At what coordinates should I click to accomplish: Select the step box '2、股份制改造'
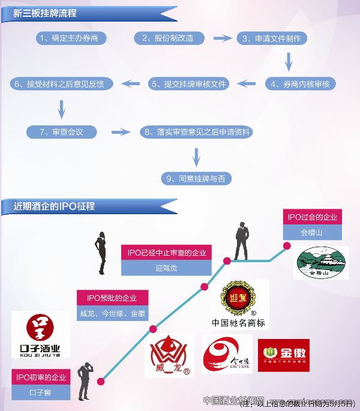point(168,38)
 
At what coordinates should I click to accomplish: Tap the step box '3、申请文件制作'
point(271,38)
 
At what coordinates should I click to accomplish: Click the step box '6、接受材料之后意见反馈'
point(63,84)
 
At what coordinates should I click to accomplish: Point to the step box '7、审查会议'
point(61,131)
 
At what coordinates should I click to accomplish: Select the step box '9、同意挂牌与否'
point(196,178)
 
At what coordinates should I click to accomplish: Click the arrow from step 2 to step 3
point(223,38)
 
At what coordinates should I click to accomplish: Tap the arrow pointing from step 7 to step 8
point(121,131)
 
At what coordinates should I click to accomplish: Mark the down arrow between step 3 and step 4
point(289,61)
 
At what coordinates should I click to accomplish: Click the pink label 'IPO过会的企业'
point(312,217)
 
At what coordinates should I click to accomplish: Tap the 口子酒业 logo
point(40,335)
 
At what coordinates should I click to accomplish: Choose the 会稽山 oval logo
point(320,263)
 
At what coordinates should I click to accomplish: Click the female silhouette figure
point(100,252)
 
